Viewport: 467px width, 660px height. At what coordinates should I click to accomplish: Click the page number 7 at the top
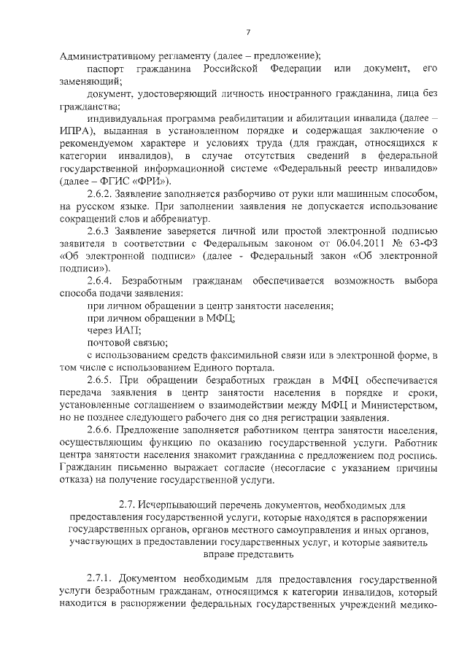click(248, 31)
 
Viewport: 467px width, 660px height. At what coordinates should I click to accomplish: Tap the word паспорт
click(106, 69)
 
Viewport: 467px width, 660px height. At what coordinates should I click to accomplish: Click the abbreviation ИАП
click(128, 330)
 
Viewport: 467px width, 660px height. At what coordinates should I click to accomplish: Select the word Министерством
click(399, 405)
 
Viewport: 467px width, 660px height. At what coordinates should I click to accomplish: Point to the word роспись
click(419, 456)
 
